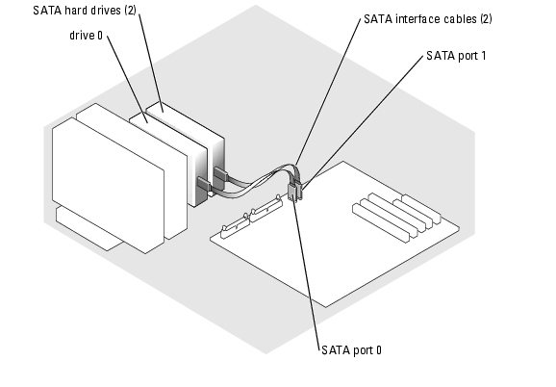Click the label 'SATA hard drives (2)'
85,11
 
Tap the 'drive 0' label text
86,35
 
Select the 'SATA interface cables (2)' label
428,19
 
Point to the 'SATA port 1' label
456,56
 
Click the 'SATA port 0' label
351,350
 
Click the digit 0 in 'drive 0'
100,35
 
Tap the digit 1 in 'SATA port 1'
483,56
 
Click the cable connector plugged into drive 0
204,185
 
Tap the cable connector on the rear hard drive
220,174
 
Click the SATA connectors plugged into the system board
294,191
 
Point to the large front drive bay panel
108,185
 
